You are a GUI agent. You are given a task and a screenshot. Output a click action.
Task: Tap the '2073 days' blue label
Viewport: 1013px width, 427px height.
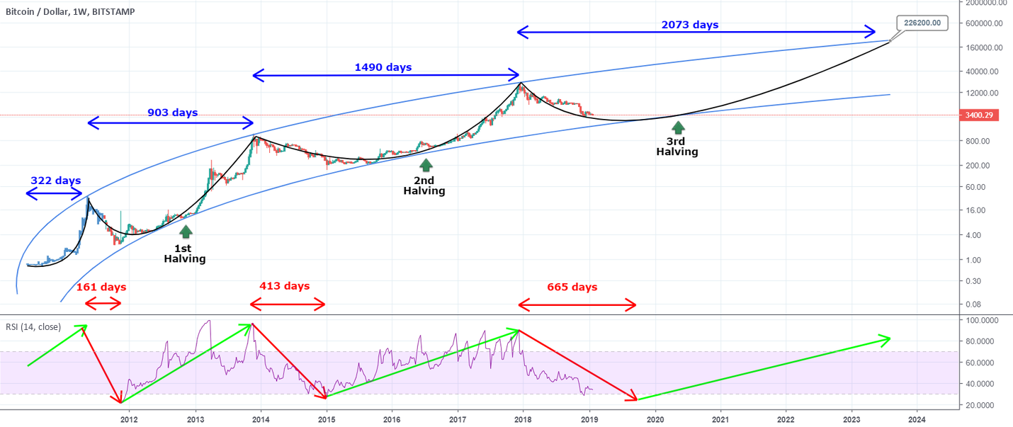689,25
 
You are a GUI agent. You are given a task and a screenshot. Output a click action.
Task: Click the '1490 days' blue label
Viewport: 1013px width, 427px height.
383,67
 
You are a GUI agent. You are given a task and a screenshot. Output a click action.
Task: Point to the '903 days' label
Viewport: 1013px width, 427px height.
172,113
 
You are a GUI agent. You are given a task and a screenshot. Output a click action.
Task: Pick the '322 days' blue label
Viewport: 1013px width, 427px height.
55,181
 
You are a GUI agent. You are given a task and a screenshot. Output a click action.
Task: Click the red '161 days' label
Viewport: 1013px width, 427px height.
101,287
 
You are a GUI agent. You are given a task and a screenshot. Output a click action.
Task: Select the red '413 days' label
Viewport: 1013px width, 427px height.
284,286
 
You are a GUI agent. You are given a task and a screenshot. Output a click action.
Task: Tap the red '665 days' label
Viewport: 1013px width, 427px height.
572,287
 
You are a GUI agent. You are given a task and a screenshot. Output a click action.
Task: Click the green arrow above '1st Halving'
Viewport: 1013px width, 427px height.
185,232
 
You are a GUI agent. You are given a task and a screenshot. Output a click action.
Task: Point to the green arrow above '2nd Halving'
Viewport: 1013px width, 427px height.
426,164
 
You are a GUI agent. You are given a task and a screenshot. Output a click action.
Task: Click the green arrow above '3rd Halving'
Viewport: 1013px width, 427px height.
678,127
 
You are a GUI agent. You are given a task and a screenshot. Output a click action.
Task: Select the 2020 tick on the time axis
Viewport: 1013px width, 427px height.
655,419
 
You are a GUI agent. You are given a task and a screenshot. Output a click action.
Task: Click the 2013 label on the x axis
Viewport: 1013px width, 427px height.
196,419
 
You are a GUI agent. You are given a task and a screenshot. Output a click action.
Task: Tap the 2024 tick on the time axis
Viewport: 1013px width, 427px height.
917,419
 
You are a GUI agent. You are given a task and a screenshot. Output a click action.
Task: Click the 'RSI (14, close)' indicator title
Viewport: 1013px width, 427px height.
33,327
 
